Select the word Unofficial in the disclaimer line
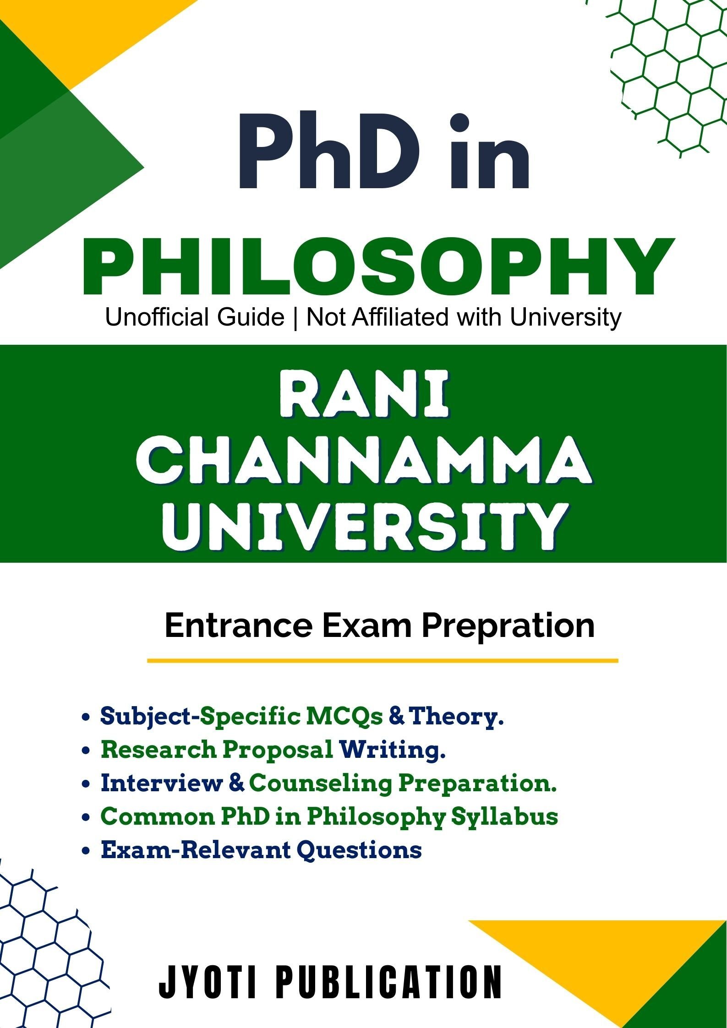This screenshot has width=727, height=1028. (195, 317)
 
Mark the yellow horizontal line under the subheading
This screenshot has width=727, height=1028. (383, 661)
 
